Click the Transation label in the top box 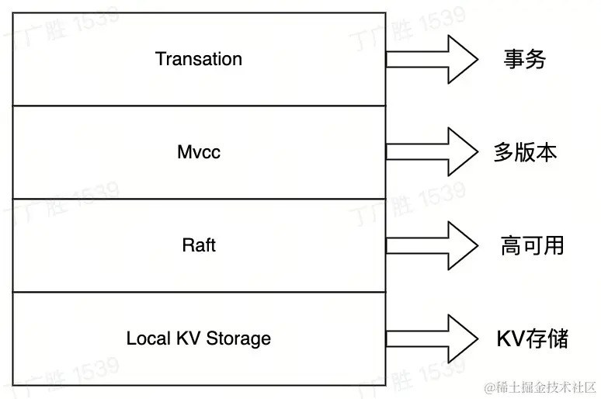[x=199, y=59]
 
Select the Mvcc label [x=199, y=152]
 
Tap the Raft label [x=199, y=245]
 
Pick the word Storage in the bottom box [x=238, y=338]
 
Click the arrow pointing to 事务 [x=432, y=59]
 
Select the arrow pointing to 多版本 [x=432, y=152]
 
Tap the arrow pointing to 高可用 [x=432, y=245]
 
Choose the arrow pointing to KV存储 [x=432, y=338]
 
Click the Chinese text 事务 [x=524, y=60]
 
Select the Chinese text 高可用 [x=532, y=246]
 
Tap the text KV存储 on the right [x=533, y=339]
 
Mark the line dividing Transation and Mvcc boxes [x=199, y=106]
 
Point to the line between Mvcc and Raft [x=199, y=199]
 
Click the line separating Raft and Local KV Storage [x=199, y=292]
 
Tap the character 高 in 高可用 [x=510, y=246]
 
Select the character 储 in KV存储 [x=558, y=339]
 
